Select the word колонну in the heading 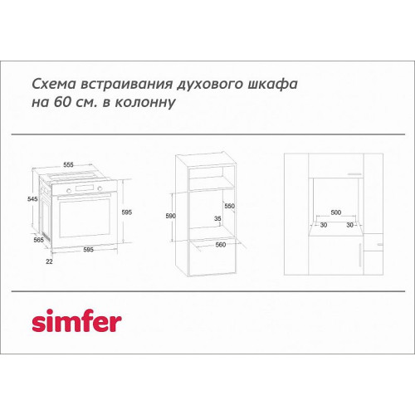click(145, 103)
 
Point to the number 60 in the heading click(62, 102)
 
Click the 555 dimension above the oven click(68, 165)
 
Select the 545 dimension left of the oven click(32, 199)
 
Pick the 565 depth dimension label click(39, 240)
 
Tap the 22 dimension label click(49, 261)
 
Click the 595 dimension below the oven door click(88, 250)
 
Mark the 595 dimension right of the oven click(127, 212)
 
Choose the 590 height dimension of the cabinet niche click(170, 216)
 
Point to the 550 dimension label click(229, 206)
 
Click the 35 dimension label click(217, 218)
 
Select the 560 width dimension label click(221, 245)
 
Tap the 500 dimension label click(336, 212)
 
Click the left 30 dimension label click(324, 225)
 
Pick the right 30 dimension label click(350, 225)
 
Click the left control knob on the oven click(69, 190)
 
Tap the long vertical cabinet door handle click(360, 255)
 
